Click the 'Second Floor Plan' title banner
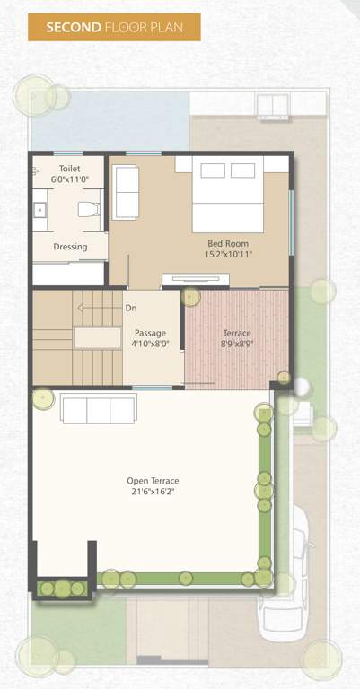coord(113,27)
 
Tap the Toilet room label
coord(69,169)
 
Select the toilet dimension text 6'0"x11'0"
coord(69,179)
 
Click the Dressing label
coord(70,246)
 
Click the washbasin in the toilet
coord(40,210)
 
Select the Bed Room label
coord(228,243)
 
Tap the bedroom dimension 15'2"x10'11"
coord(228,254)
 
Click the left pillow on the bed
coord(213,170)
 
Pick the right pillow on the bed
coord(243,170)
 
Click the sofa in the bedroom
coord(126,191)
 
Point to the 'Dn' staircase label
coord(130,308)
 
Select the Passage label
coord(151,333)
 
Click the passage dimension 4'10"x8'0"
coord(151,344)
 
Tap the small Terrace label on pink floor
coord(237,333)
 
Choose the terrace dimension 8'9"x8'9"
coord(237,344)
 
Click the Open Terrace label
coord(153,481)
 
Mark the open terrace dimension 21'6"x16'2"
coord(153,493)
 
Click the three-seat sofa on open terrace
coord(98,408)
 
